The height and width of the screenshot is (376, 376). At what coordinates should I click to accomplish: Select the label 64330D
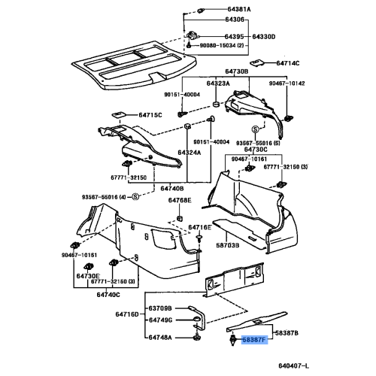click(264, 36)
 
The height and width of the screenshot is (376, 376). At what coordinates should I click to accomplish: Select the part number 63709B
click(160, 308)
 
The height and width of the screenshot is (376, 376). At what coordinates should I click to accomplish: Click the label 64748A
click(160, 338)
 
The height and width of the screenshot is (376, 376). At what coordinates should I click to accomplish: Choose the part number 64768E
click(180, 201)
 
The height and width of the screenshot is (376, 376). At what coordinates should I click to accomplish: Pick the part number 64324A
click(190, 153)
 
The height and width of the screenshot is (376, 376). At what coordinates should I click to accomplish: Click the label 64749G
click(160, 323)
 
